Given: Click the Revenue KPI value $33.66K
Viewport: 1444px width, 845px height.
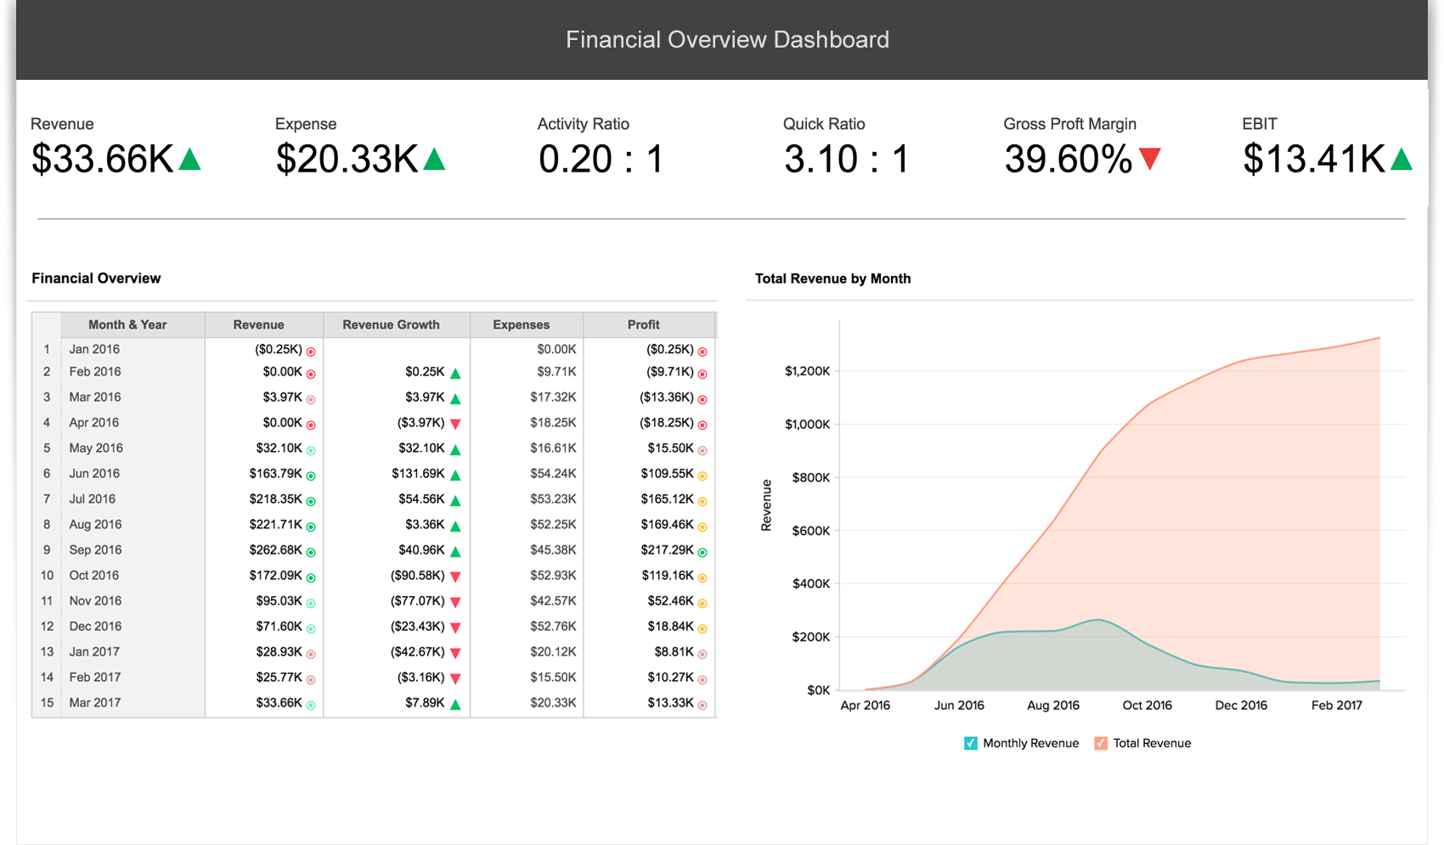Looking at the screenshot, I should [103, 160].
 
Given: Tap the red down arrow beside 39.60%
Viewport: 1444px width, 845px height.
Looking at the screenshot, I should [1150, 159].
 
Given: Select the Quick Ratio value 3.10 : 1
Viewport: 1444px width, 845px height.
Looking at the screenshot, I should [846, 160].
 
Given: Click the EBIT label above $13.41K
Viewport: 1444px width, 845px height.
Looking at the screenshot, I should [1259, 124].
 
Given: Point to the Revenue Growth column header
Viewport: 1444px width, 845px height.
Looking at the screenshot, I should [391, 324].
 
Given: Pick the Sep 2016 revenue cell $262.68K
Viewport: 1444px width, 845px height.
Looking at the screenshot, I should [275, 549].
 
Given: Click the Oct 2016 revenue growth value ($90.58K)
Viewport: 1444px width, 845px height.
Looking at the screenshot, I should [417, 575].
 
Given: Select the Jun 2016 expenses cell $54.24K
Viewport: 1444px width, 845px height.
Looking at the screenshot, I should [553, 473].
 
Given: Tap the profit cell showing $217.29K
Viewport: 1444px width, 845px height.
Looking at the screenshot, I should [667, 549].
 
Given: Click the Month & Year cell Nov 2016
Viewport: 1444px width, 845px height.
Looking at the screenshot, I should [95, 600].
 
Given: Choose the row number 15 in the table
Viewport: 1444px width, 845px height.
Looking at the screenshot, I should [47, 702].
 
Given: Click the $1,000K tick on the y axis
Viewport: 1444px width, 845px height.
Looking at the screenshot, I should [807, 424].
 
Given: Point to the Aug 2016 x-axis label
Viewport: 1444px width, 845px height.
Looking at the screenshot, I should [1052, 705].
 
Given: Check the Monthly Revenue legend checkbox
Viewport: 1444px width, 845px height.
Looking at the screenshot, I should [971, 743].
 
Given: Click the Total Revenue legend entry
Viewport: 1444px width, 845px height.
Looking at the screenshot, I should [1151, 743].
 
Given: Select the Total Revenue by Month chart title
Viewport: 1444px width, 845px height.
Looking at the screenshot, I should [832, 279].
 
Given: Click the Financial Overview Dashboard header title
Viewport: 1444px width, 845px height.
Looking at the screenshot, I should [727, 40].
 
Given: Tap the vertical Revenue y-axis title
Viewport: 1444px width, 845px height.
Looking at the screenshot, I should [766, 505].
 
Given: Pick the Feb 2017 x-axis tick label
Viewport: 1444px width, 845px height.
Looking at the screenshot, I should [1336, 705].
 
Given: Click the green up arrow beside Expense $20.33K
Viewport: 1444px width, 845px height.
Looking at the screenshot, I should [434, 159].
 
